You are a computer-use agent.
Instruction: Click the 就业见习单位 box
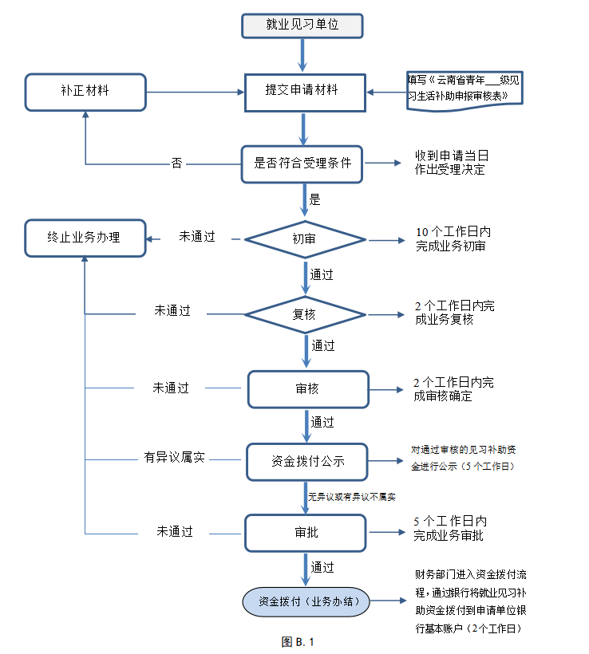click(302, 25)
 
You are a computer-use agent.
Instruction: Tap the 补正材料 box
click(85, 92)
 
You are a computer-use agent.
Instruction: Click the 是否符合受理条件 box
click(302, 163)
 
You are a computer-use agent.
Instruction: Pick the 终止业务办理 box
click(85, 238)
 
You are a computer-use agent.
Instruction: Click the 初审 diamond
click(304, 238)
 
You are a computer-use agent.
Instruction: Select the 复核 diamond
click(304, 314)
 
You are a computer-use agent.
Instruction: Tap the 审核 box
click(307, 389)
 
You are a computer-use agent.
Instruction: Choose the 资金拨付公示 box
click(307, 460)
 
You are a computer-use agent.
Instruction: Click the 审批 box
click(306, 532)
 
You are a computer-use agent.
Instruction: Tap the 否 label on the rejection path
click(176, 163)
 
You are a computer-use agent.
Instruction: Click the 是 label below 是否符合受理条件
click(314, 199)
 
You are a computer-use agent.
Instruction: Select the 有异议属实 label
click(174, 458)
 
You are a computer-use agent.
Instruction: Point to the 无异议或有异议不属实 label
click(352, 496)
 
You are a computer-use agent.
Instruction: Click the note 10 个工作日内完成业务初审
click(453, 238)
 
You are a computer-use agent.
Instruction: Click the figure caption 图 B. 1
click(298, 641)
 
